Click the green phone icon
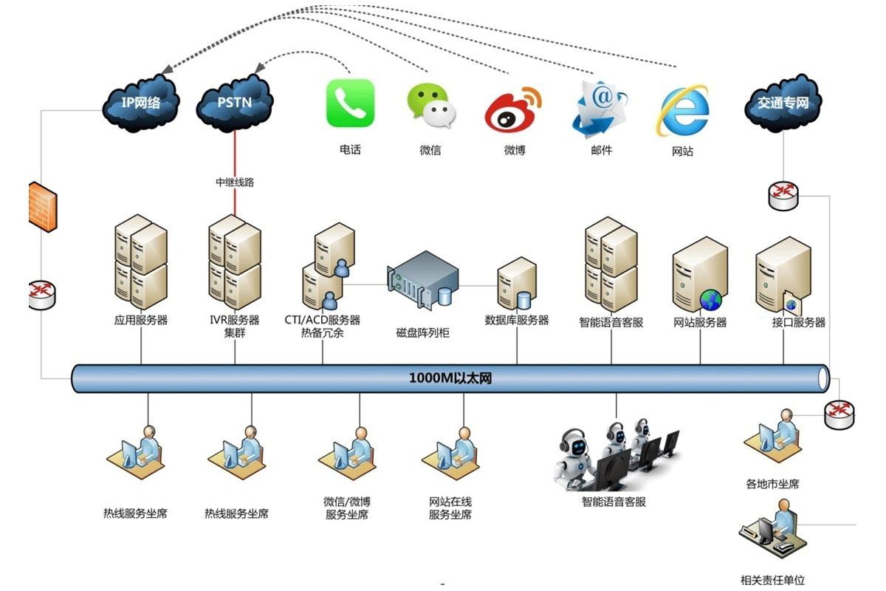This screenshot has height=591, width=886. click(x=350, y=103)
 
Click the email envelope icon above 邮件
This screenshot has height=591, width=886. click(x=599, y=108)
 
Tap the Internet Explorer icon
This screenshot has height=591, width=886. click(x=683, y=111)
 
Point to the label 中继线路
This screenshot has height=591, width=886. click(x=235, y=182)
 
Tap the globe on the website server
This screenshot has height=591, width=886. click(x=711, y=299)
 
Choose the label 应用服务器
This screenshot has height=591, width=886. click(x=140, y=321)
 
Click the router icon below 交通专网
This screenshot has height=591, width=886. click(x=783, y=195)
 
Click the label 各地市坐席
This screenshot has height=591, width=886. click(x=772, y=485)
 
